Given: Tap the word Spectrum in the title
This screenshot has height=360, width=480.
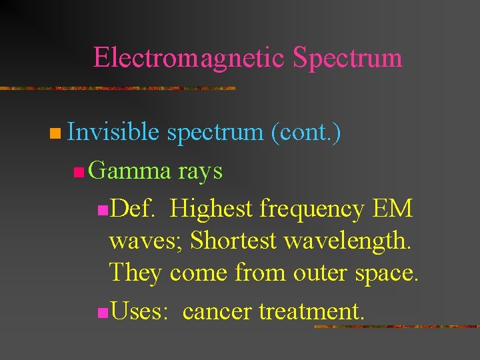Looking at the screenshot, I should pyautogui.click(x=347, y=58).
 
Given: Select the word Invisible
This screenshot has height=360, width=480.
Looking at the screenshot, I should pyautogui.click(x=113, y=133).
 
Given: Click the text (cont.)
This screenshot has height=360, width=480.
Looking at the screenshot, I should pyautogui.click(x=306, y=133).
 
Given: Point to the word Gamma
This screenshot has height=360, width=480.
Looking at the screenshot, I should pyautogui.click(x=129, y=171).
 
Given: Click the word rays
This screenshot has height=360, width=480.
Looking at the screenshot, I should pyautogui.click(x=200, y=171).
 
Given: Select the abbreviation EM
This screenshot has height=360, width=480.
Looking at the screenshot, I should pyautogui.click(x=393, y=209).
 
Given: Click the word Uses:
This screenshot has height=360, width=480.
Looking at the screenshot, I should pyautogui.click(x=139, y=310).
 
